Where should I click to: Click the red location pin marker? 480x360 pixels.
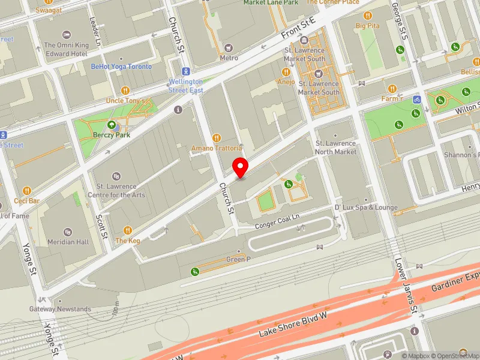click(241, 166)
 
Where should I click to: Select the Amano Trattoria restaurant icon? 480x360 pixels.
click(217, 137)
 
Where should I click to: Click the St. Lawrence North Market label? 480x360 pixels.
click(336, 148)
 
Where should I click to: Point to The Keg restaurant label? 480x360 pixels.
click(128, 240)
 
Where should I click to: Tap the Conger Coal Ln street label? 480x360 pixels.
click(277, 225)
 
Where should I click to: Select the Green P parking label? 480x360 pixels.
click(239, 259)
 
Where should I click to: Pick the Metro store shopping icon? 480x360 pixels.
click(229, 47)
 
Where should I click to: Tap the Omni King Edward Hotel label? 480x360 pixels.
click(66, 49)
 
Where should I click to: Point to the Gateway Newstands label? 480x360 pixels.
click(60, 309)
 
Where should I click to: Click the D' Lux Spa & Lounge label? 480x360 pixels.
click(366, 208)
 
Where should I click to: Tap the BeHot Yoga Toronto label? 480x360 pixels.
click(121, 67)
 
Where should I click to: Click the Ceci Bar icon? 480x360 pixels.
click(27, 190)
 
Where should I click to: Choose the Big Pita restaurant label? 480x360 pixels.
click(368, 26)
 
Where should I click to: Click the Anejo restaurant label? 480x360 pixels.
click(286, 82)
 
